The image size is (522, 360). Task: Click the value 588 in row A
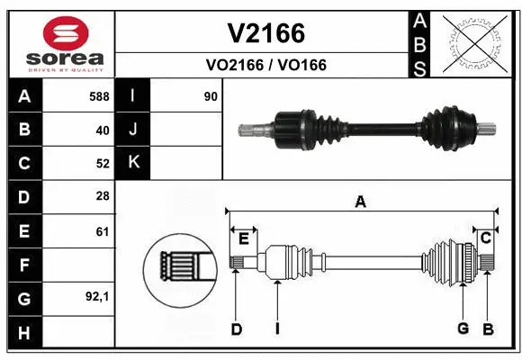coord(99,96)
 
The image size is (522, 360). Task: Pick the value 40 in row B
coord(102,130)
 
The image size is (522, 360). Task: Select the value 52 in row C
coord(102,164)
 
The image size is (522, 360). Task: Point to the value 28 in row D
coord(102,197)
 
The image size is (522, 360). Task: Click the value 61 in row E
coord(102,231)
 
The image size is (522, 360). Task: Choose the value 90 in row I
coord(211,96)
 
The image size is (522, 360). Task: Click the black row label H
coord(23,333)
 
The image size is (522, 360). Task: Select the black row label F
coord(23,265)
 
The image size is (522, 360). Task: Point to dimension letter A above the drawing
coord(360,202)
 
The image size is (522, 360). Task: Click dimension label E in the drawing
coord(243,238)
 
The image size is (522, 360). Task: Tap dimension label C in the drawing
coord(484,238)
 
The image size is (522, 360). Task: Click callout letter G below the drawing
coord(463,328)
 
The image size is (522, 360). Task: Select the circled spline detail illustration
coord(178,266)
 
